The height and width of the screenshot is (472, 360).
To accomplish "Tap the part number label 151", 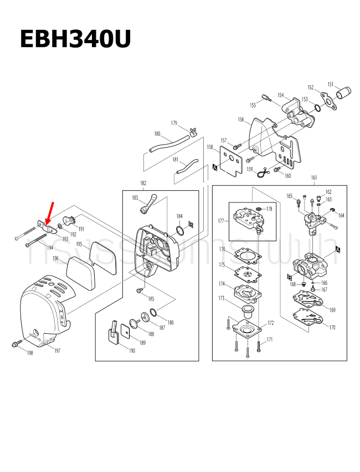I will tap(330, 85).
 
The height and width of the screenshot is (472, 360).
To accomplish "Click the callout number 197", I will tap(57, 351).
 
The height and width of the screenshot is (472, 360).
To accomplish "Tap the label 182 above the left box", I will tap(143, 183).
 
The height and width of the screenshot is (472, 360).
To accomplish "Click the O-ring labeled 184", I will tap(180, 230).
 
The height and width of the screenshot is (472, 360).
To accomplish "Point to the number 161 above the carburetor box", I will tap(314, 178).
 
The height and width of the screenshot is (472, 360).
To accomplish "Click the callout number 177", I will tap(221, 221).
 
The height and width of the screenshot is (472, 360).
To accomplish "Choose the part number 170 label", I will tap(332, 328).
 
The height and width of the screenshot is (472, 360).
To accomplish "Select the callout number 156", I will tap(240, 120).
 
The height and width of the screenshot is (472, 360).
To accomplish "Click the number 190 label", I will tap(131, 351).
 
